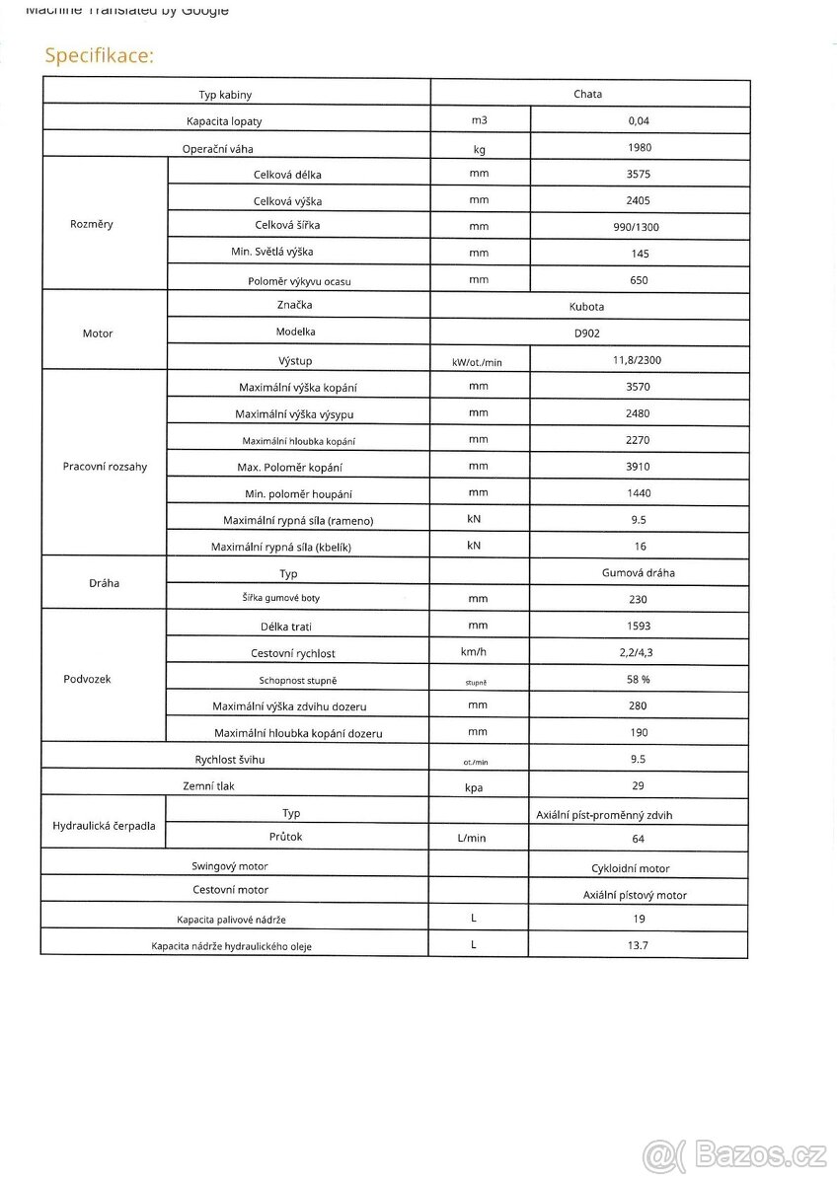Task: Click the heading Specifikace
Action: point(99,55)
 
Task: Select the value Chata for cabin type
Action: point(587,95)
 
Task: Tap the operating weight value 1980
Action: point(639,148)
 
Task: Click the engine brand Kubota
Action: point(588,307)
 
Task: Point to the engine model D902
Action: point(588,333)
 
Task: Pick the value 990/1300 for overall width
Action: point(639,227)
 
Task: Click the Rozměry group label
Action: point(92,224)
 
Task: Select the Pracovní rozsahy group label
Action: point(105,467)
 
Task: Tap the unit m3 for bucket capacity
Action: point(479,121)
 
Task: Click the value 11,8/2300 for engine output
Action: point(639,361)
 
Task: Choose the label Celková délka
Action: point(287,175)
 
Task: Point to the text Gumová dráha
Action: point(639,572)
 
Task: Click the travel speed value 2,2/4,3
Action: point(639,653)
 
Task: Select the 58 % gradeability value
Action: point(639,680)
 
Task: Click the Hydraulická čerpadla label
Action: point(104,826)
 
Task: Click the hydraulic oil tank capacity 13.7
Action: point(639,945)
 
